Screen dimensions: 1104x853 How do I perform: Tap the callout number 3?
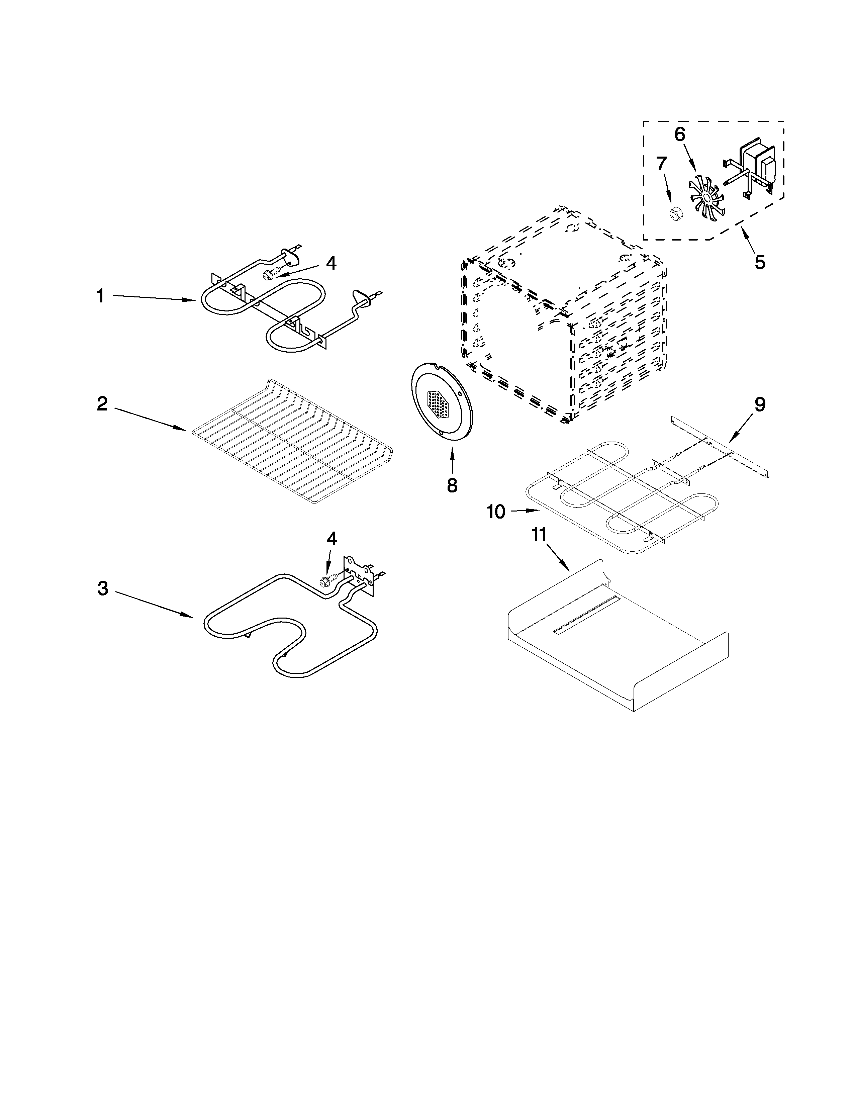(x=103, y=588)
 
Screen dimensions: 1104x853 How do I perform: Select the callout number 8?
(x=452, y=485)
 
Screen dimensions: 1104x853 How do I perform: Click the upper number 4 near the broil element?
(x=330, y=263)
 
